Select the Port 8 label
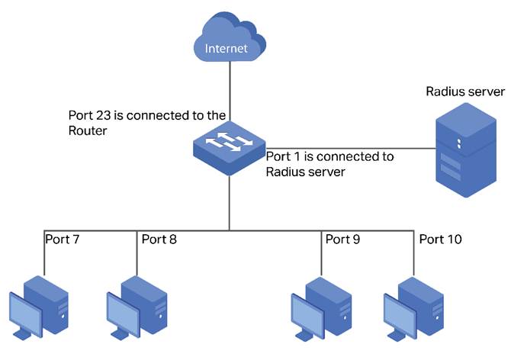coord(159,239)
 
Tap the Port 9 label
coord(342,239)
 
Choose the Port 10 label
coord(441,239)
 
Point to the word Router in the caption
coord(86,130)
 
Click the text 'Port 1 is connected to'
coord(329,156)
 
